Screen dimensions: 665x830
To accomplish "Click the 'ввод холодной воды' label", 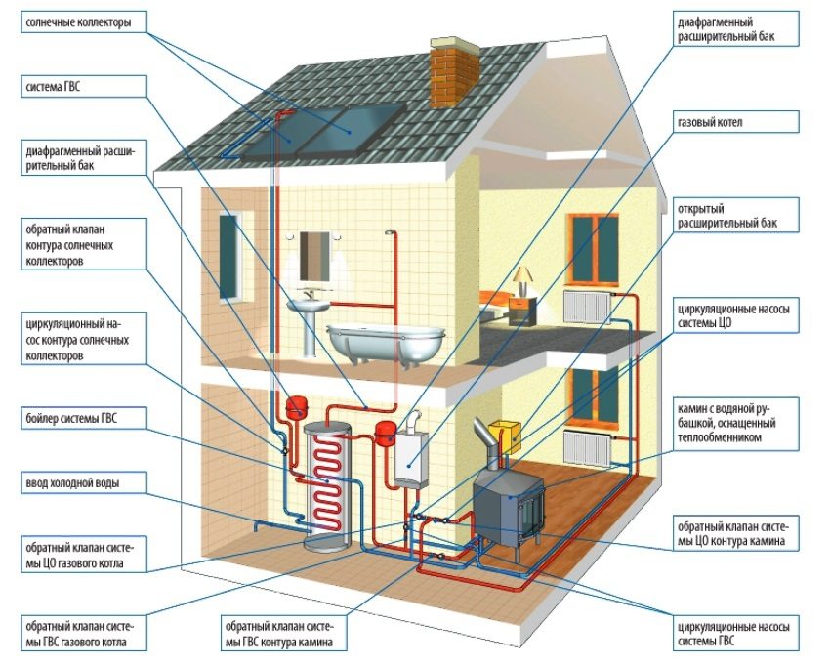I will point(69,482).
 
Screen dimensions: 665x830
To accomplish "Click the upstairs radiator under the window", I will point(589,305).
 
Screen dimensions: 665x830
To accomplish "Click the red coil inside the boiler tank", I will point(327,478).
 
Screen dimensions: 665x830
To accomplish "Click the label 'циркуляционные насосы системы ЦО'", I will point(732,314).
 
